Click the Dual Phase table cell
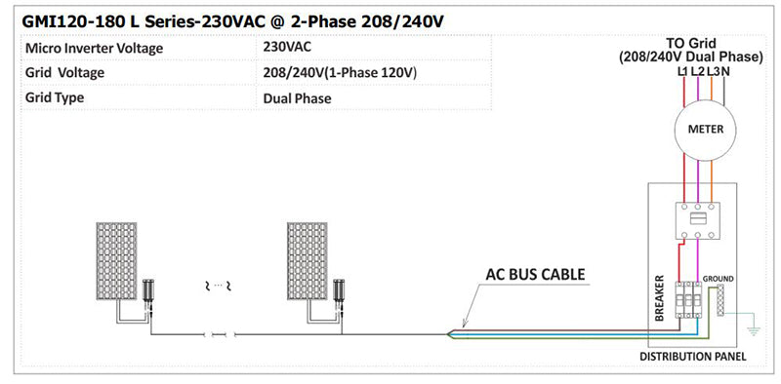298,98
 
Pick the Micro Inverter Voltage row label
94,48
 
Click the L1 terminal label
682,71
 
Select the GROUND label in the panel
719,279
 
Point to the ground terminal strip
720,301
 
